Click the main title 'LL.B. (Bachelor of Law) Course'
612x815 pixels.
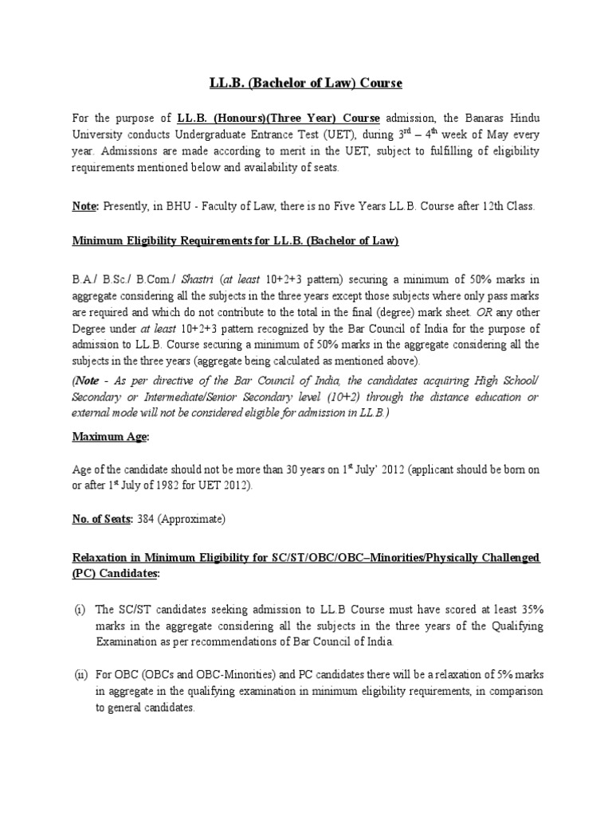coord(306,83)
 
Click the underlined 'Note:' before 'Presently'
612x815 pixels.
coord(85,206)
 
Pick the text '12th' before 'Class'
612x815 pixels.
coord(478,206)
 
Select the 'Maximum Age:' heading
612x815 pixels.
coord(111,436)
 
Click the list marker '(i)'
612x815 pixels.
coord(80,610)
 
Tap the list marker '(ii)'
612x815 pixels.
coord(80,675)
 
